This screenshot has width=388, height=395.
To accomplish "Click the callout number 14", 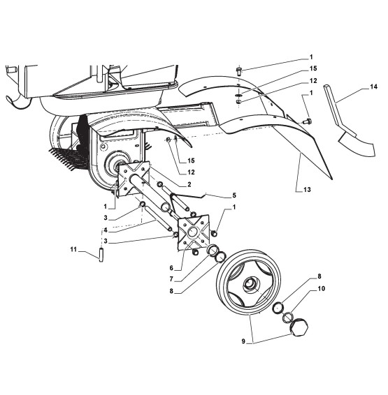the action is click(373, 87).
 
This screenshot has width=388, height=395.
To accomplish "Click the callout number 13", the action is click(307, 189).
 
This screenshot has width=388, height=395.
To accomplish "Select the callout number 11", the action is click(73, 249).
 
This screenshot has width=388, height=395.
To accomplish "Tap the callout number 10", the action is click(321, 288).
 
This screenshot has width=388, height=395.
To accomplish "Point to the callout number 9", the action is click(243, 341).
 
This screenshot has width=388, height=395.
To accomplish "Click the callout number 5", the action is click(234, 195).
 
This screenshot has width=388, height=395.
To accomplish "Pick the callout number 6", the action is click(171, 268).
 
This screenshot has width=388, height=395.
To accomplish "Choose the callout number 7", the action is click(171, 279).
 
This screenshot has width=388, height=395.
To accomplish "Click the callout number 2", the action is click(189, 185).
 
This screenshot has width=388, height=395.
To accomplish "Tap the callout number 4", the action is click(106, 230).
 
